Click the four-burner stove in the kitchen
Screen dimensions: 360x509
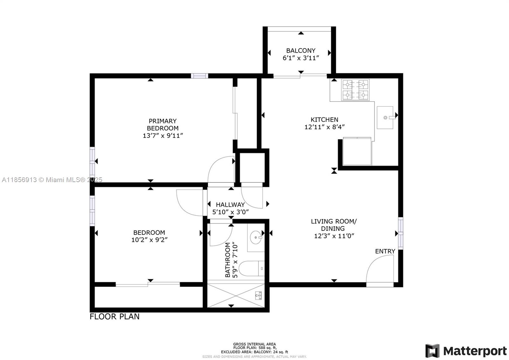pyautogui.click(x=355, y=90)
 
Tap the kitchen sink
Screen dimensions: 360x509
pyautogui.click(x=385, y=117)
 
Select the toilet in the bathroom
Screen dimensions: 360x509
pyautogui.click(x=251, y=269)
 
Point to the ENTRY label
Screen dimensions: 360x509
pyautogui.click(x=385, y=251)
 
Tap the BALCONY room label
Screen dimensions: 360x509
pyautogui.click(x=301, y=50)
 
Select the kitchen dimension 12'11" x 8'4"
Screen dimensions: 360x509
pyautogui.click(x=324, y=127)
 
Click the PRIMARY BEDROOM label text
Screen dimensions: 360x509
pyautogui.click(x=163, y=124)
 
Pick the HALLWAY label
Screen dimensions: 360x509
pyautogui.click(x=230, y=205)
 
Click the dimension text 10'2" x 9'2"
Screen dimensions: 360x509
pyautogui.click(x=149, y=240)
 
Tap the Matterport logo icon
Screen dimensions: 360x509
pyautogui.click(x=432, y=351)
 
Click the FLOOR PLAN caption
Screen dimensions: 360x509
pyautogui.click(x=115, y=316)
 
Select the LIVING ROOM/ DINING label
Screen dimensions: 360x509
pyautogui.click(x=334, y=225)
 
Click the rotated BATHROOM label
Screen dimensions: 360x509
pyautogui.click(x=228, y=260)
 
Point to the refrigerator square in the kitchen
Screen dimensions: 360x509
pyautogui.click(x=357, y=152)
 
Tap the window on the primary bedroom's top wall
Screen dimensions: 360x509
pyautogui.click(x=199, y=76)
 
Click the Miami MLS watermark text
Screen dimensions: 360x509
pyautogui.click(x=52, y=180)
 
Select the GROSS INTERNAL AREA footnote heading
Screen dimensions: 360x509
pyautogui.click(x=254, y=344)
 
